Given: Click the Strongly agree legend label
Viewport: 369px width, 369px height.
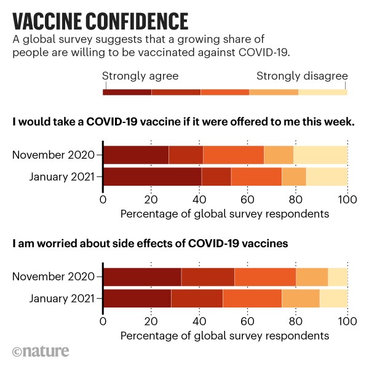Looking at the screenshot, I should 140,77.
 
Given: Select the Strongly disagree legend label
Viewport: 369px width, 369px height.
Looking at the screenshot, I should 302,77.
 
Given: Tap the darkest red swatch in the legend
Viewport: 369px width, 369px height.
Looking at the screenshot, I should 127,92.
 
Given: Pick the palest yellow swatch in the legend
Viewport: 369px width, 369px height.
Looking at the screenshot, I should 322,92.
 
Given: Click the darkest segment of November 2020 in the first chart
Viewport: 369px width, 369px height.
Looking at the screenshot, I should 135,155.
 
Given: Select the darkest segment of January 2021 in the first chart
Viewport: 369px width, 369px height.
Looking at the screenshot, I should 152,176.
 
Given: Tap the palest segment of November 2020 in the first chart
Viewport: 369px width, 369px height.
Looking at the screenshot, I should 320,155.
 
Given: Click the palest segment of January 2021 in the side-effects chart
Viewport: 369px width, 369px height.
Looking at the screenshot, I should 333,298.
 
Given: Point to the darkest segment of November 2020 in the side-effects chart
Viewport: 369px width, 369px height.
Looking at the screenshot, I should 142,277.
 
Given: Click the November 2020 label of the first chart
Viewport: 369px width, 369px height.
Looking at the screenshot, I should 53,155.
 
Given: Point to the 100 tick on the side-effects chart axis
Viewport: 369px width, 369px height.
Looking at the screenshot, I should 347,322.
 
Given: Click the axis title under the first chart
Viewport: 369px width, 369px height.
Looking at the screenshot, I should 224,214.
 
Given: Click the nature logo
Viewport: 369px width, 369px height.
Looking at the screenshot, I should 40,352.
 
